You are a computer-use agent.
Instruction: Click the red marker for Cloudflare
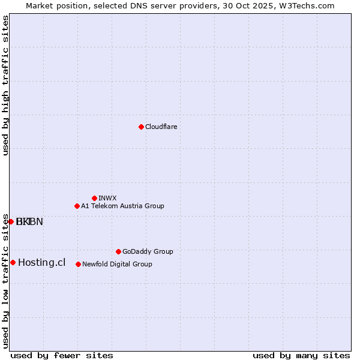pyautogui.click(x=141, y=127)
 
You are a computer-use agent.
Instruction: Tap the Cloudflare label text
pyautogui.click(x=161, y=127)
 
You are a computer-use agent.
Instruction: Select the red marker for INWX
pyautogui.click(x=94, y=198)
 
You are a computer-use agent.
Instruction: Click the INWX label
pyautogui.click(x=107, y=198)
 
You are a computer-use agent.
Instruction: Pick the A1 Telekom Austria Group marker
pyautogui.click(x=77, y=206)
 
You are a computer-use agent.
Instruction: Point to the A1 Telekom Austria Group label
pyautogui.click(x=122, y=206)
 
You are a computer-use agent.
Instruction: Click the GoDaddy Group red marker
pyautogui.click(x=118, y=251)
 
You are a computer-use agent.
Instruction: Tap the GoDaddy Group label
pyautogui.click(x=148, y=251)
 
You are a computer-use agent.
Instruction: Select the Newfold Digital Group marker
pyautogui.click(x=78, y=264)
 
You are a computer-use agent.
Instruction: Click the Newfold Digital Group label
pyautogui.click(x=117, y=264)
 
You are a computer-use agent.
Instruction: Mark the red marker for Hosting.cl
pyautogui.click(x=13, y=262)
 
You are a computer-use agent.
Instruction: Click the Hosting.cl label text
pyautogui.click(x=41, y=262)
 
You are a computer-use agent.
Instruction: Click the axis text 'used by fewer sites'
pyautogui.click(x=62, y=355)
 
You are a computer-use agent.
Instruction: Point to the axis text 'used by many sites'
pyautogui.click(x=301, y=355)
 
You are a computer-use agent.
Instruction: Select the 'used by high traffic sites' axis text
pyautogui.click(x=6, y=85)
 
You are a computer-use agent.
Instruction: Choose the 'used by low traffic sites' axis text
pyautogui.click(x=6, y=280)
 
